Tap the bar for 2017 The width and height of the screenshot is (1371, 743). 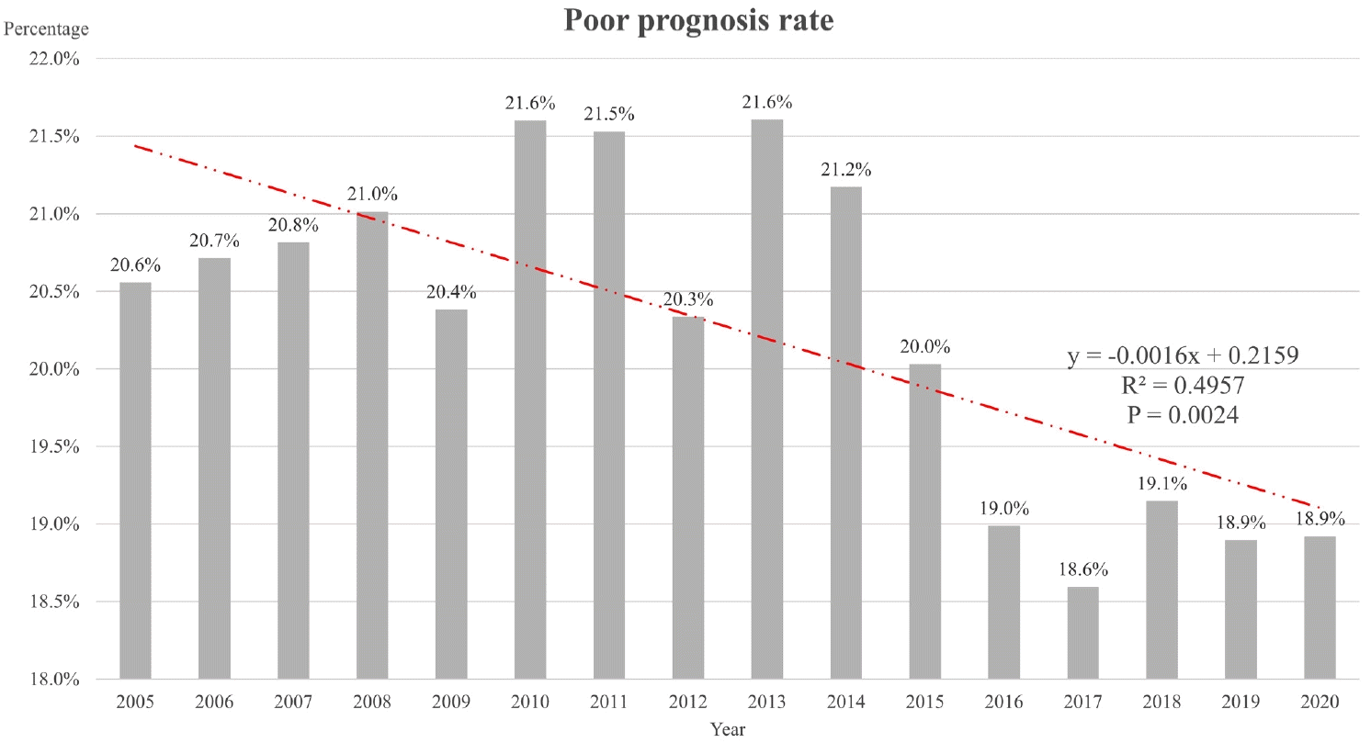click(1082, 633)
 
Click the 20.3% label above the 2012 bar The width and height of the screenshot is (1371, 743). click(688, 300)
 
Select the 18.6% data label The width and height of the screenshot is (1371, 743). click(1082, 570)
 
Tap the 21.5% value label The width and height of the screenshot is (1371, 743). click(609, 115)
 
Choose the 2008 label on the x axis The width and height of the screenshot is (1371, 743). click(372, 703)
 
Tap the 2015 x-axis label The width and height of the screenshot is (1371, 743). click(924, 703)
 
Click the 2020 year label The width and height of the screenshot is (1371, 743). click(1320, 703)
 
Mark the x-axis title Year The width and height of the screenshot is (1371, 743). click(727, 730)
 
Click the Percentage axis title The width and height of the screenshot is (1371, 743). click(47, 29)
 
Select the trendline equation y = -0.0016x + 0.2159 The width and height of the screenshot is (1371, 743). click(1183, 356)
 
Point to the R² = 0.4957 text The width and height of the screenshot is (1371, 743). click(1183, 386)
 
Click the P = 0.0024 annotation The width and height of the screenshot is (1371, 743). click(1183, 415)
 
